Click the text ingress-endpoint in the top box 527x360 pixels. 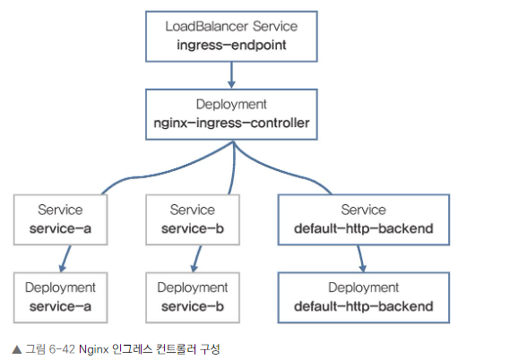click(231, 46)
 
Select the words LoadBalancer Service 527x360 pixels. click(231, 26)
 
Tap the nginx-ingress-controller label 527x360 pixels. click(231, 124)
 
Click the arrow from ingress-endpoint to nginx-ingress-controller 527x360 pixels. click(231, 75)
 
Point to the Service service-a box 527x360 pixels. click(61, 219)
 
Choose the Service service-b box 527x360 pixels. click(193, 219)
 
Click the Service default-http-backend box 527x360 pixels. click(364, 219)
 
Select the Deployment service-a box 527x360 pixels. click(61, 297)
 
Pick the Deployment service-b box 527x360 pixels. click(193, 297)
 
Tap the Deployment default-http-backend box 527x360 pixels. click(364, 297)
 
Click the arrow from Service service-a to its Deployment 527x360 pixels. click(65, 259)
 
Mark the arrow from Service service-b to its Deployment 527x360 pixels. click(196, 259)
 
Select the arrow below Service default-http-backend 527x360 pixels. click(361, 259)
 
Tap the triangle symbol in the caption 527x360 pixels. click(17, 349)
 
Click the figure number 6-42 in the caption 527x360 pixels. click(62, 349)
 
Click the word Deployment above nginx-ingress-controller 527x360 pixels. click(231, 105)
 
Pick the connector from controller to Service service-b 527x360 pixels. click(234, 168)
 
